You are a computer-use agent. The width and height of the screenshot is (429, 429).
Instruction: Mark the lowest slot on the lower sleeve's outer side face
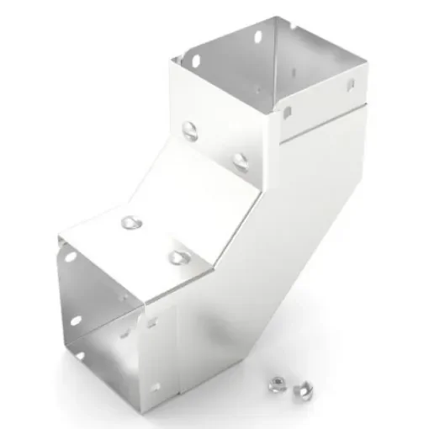pos(155,388)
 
